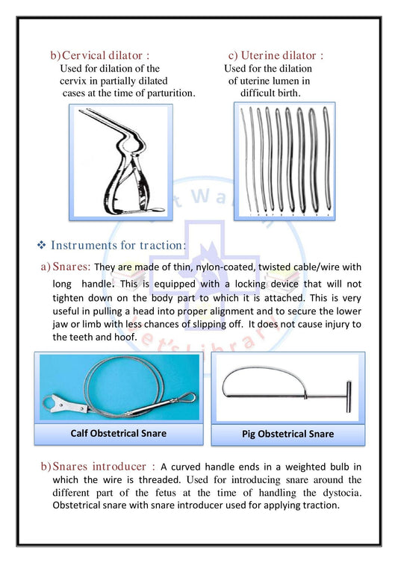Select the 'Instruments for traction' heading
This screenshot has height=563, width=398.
[x=117, y=245]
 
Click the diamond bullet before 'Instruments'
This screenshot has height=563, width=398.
[x=42, y=245]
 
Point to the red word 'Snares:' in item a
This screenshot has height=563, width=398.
[x=72, y=267]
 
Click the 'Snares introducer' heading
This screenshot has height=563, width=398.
[x=99, y=467]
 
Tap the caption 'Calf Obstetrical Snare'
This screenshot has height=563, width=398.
[x=119, y=433]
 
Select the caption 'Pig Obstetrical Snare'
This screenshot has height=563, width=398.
[x=287, y=434]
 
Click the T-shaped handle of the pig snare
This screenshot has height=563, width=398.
[x=349, y=396]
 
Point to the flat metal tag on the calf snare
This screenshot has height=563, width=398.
[x=66, y=403]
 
